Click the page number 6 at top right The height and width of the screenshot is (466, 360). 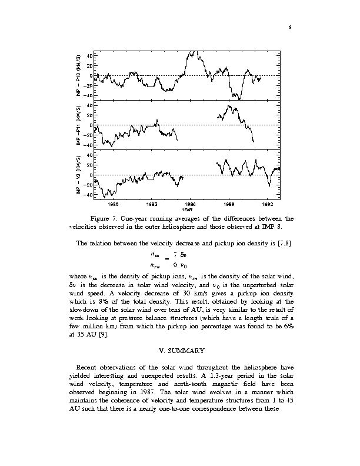click(290, 27)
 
